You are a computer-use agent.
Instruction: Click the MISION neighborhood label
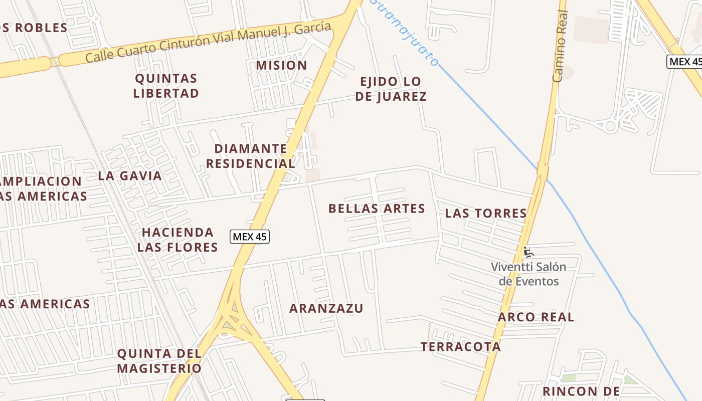point(281,65)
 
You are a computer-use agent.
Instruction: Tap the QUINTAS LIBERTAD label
point(166,86)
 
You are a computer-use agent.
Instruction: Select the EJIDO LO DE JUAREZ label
point(391,89)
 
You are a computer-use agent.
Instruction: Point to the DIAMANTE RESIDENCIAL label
point(251,156)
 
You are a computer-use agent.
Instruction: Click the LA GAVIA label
point(130,175)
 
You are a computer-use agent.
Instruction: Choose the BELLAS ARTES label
point(377,209)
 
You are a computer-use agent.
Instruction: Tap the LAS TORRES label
point(486,213)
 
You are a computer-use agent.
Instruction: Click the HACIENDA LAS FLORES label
point(178,240)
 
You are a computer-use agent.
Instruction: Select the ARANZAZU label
point(326,308)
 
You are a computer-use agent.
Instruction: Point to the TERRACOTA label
point(460,346)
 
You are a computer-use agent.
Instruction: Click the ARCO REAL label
point(536,317)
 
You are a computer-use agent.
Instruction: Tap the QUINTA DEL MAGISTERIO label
point(159,361)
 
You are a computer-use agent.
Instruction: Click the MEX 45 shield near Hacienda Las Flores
point(250,237)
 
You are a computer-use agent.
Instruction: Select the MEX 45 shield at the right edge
point(685,62)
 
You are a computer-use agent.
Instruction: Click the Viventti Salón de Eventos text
point(529,274)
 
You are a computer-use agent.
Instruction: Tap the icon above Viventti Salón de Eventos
point(528,252)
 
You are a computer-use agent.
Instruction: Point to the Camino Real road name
point(560,46)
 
